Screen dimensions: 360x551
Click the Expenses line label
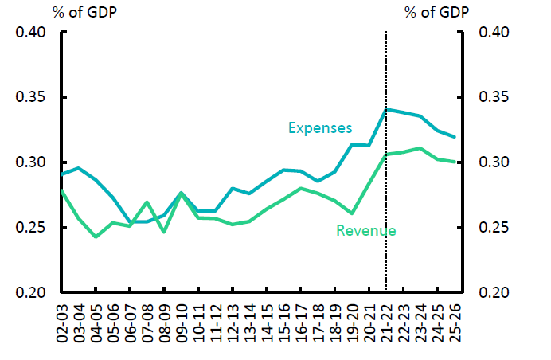pyautogui.click(x=321, y=127)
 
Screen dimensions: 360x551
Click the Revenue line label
pyautogui.click(x=366, y=231)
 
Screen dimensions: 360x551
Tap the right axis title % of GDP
pyautogui.click(x=436, y=12)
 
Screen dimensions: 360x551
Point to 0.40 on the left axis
pyautogui.click(x=30, y=33)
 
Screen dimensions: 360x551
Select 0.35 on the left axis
pyautogui.click(x=30, y=98)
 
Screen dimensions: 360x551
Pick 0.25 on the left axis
pyautogui.click(x=30, y=229)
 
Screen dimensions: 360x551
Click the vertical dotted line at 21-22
pyautogui.click(x=386, y=199)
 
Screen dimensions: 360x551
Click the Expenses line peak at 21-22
pyautogui.click(x=386, y=109)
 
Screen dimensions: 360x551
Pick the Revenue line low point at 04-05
pyautogui.click(x=96, y=237)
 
